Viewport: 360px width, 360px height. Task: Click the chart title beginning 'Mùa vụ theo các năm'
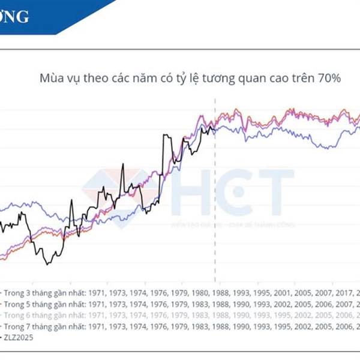tap(190, 79)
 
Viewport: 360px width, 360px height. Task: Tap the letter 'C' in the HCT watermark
tap(234, 192)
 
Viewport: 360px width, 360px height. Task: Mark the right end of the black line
tap(214, 127)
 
